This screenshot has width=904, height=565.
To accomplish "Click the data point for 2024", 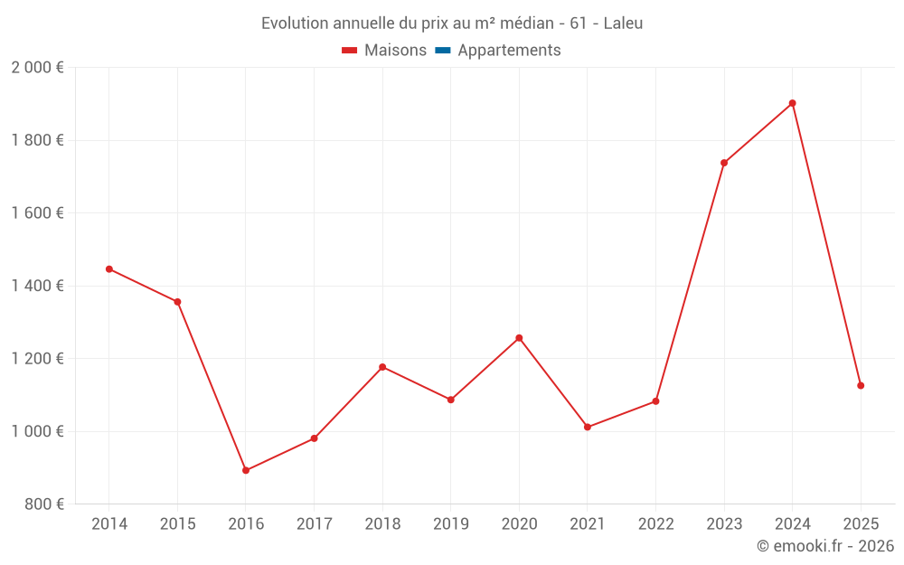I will (x=793, y=103).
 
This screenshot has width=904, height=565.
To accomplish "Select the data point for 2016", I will (x=246, y=470).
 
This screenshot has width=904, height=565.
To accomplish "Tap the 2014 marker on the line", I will (x=109, y=268).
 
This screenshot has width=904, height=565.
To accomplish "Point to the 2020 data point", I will (x=519, y=338).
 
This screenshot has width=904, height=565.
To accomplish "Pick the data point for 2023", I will (x=724, y=163).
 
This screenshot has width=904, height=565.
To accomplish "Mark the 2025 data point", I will (x=861, y=386).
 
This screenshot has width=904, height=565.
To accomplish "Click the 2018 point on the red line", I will (x=382, y=367).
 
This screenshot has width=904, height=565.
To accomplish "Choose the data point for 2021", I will (x=588, y=427).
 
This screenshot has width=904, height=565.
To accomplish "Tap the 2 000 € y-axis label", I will (x=37, y=68).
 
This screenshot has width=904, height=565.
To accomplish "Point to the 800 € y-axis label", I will (x=43, y=504).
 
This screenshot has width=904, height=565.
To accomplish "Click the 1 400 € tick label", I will (x=37, y=286).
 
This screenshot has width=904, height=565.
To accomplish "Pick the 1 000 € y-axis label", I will (x=37, y=431).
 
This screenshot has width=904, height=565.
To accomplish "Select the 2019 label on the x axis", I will (x=451, y=524).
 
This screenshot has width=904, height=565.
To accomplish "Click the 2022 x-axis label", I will (x=655, y=524).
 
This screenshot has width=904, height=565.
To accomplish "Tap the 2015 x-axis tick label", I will (x=177, y=524).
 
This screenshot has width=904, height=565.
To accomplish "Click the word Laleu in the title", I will (x=623, y=24).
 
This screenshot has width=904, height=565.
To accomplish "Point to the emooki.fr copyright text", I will (x=824, y=546).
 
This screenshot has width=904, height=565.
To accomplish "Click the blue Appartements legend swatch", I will (x=443, y=51).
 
